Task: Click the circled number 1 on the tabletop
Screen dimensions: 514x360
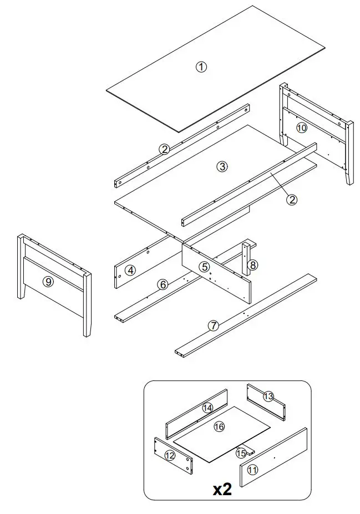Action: pos(201,67)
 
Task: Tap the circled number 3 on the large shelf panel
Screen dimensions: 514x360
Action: pos(222,166)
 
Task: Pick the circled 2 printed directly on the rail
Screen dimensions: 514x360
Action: pos(164,149)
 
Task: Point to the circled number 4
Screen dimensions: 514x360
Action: pos(130,271)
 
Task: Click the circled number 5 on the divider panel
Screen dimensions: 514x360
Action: pos(205,267)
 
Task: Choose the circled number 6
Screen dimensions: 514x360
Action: pos(163,284)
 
